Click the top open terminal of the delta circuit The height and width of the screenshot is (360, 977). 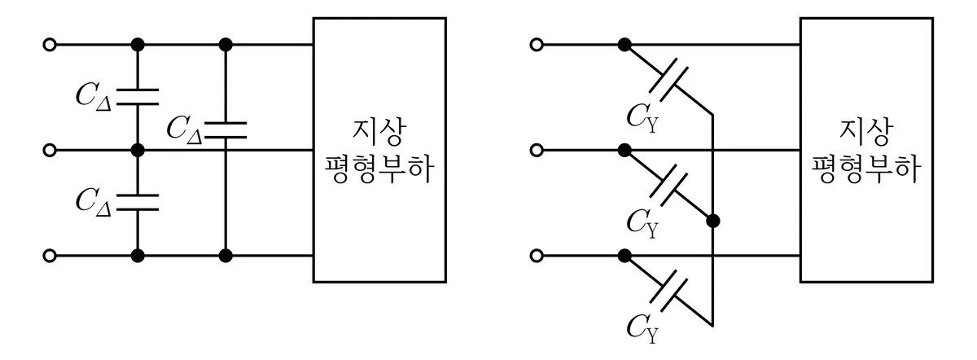[50, 45]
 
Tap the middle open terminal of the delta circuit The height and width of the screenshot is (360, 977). [50, 150]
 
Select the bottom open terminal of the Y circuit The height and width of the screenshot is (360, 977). [537, 255]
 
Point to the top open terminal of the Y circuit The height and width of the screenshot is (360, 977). [537, 45]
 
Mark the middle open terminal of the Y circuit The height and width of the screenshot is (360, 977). [537, 150]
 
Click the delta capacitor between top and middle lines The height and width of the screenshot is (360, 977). [138, 97]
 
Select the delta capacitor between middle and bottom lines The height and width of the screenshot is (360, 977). [138, 203]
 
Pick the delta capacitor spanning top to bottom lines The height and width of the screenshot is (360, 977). [226, 130]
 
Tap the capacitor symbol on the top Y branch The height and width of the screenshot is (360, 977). [668, 80]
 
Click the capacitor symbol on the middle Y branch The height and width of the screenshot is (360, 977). [668, 185]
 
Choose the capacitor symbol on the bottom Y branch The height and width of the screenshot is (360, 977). [668, 291]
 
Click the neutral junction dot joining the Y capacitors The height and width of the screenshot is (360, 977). [712, 221]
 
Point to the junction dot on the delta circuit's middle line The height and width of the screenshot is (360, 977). [138, 150]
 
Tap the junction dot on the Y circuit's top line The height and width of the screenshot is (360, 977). [624, 45]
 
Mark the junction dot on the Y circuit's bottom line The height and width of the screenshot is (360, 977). [624, 255]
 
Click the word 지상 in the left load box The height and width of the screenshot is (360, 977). [379, 132]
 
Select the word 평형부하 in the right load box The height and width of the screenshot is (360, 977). [865, 168]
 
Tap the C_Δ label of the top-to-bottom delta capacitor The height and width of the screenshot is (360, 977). [185, 130]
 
